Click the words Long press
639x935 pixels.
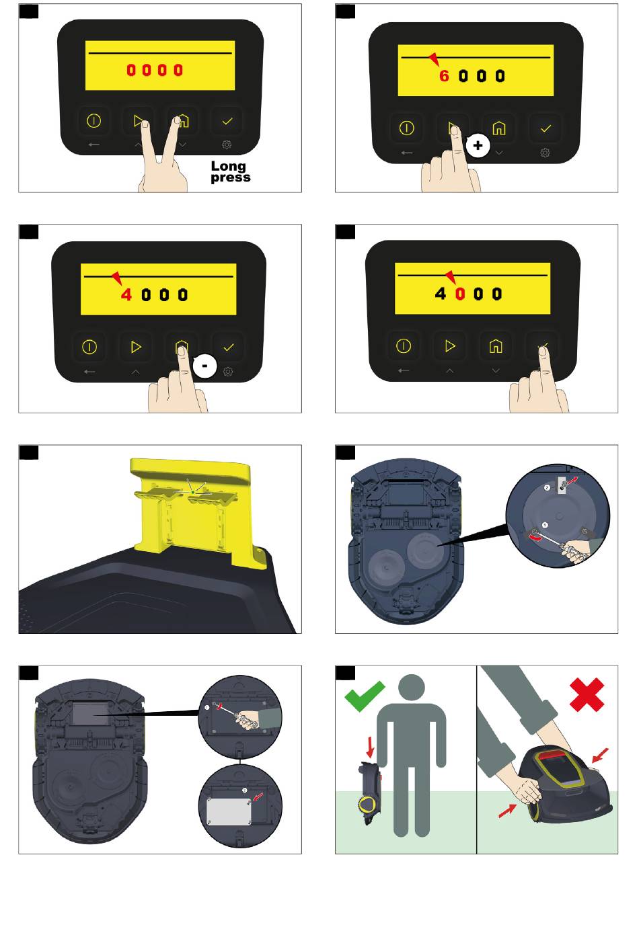click(230, 172)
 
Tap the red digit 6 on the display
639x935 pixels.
click(444, 76)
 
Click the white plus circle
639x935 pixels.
click(478, 146)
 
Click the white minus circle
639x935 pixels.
click(204, 366)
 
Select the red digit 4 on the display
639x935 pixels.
click(126, 295)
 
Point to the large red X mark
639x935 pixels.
click(587, 694)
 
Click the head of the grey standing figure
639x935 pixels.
click(412, 688)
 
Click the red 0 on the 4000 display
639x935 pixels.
click(460, 294)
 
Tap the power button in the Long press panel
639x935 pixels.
click(93, 121)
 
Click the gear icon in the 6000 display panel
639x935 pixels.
click(545, 153)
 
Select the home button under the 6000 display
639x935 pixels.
click(499, 128)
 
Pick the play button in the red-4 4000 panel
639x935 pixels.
click(136, 347)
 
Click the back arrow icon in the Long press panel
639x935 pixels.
click(93, 145)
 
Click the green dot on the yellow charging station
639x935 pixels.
click(192, 493)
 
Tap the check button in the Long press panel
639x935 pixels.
click(227, 121)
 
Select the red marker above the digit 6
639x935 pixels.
click(435, 59)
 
